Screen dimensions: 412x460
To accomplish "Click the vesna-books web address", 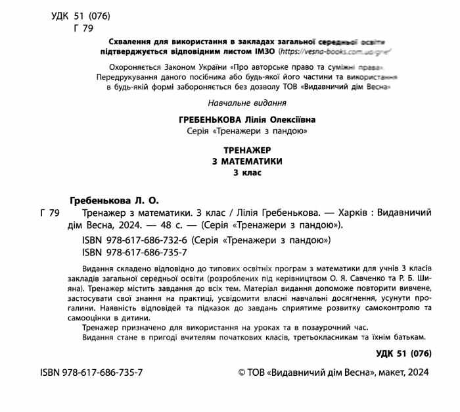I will tap(336, 51).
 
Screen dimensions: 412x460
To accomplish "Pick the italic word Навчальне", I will tap(227, 103).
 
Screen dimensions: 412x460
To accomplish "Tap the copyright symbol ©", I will tap(242, 373).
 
